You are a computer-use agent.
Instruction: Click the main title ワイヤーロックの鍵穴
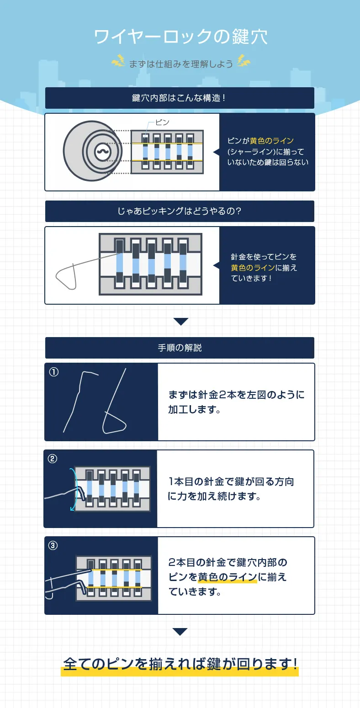[180, 37]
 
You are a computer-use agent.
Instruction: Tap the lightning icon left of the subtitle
[118, 61]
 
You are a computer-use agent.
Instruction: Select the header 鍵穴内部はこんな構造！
[180, 98]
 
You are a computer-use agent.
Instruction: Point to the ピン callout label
[162, 122]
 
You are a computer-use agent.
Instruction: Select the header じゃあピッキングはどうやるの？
[180, 211]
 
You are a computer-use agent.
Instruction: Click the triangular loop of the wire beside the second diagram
[66, 277]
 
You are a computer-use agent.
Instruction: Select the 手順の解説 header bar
[180, 348]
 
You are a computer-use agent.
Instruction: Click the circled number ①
[54, 372]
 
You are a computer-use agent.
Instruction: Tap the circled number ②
[53, 459]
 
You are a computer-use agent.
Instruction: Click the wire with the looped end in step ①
[114, 411]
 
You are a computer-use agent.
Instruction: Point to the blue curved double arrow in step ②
[72, 489]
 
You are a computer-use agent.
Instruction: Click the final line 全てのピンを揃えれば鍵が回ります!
[180, 664]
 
